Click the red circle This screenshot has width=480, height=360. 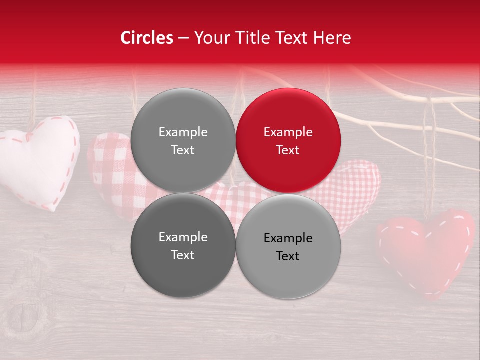(288, 140)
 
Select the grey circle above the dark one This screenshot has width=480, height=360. (183, 140)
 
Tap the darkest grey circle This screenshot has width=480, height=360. (183, 245)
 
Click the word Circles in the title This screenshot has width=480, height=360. (147, 38)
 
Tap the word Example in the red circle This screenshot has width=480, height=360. (288, 132)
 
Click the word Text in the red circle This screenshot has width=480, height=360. (288, 150)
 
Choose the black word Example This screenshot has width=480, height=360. (288, 238)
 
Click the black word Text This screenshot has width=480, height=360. (288, 256)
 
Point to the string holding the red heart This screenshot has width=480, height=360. (428, 160)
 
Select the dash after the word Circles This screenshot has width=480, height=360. (183, 38)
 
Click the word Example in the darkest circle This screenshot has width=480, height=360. (183, 237)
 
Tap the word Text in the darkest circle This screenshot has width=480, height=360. (183, 255)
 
